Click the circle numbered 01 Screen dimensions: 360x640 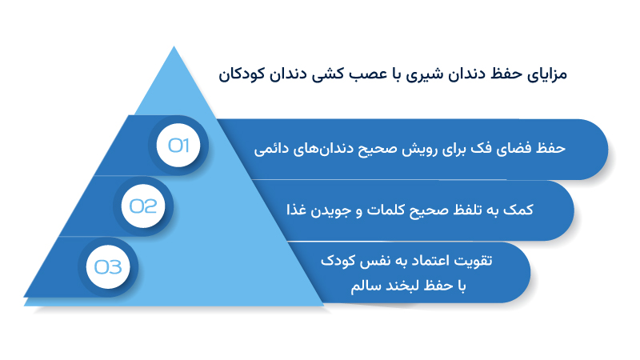click(178, 146)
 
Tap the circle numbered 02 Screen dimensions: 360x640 click(144, 206)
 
